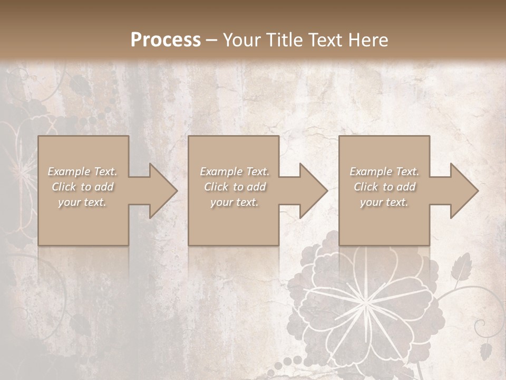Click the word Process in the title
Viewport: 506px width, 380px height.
(166, 40)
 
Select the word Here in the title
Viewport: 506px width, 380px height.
(368, 40)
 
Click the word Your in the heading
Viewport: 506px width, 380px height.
(241, 40)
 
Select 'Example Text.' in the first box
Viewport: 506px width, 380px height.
(83, 172)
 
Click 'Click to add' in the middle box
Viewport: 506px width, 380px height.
(235, 187)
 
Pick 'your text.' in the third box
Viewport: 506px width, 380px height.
(384, 202)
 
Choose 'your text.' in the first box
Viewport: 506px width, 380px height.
(82, 202)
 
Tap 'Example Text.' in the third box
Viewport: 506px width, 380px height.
(384, 172)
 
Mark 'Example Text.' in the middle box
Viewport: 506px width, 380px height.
(235, 172)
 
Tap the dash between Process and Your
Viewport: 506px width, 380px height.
(212, 40)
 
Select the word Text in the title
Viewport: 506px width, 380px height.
(325, 40)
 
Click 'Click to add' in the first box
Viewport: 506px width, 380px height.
(83, 187)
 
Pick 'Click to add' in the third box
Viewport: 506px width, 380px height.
(385, 187)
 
